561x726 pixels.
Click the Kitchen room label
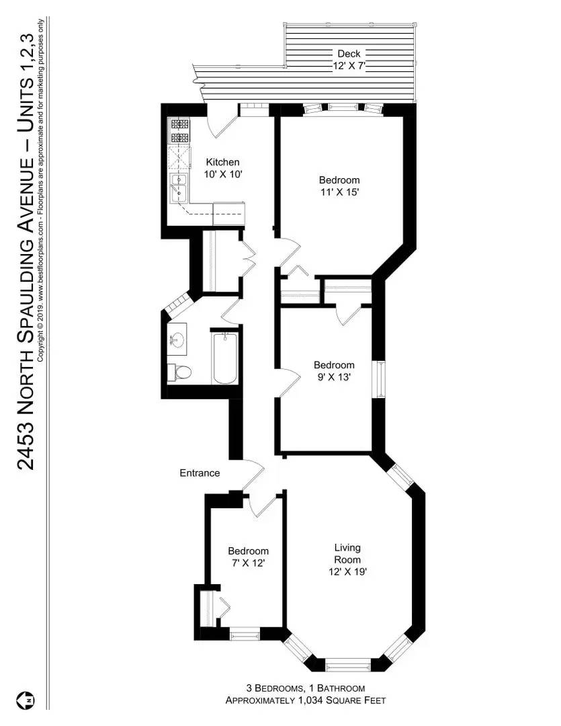click(222, 162)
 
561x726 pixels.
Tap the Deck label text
click(349, 54)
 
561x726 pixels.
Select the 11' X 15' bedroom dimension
click(339, 192)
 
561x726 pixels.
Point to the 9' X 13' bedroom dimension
click(334, 377)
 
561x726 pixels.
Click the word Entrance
click(200, 473)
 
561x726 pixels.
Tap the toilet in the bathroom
click(180, 372)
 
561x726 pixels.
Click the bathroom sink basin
click(177, 340)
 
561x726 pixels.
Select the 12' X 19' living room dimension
click(347, 571)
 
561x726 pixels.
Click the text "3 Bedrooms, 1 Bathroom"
click(305, 688)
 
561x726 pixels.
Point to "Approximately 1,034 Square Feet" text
click(305, 700)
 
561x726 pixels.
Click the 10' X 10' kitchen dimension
click(222, 173)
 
